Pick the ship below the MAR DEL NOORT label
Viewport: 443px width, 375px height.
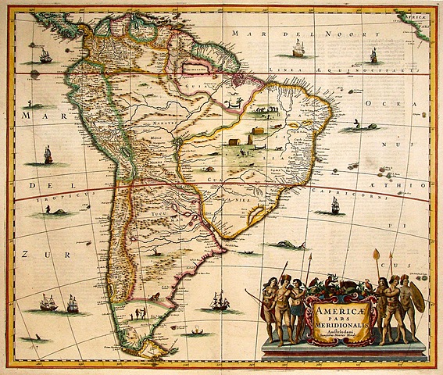[297, 49]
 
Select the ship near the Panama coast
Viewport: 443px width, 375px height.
[45, 56]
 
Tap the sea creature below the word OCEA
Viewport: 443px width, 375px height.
[355, 124]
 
